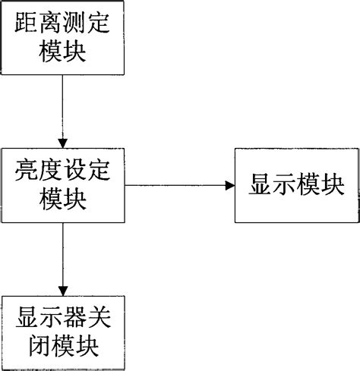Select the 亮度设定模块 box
[x=62, y=185]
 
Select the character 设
[x=74, y=171]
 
